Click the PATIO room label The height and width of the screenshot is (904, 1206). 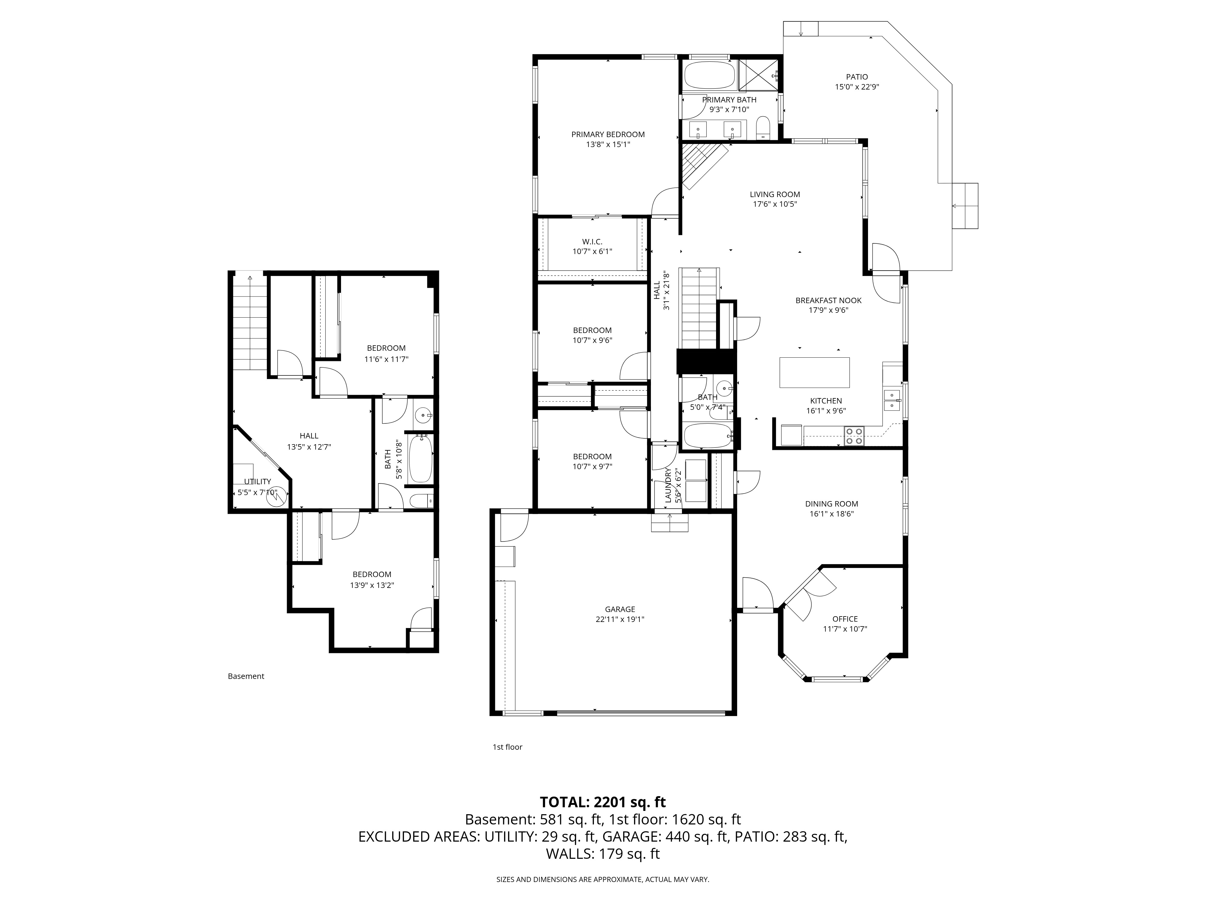(857, 77)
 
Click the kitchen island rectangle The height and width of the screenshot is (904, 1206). (814, 372)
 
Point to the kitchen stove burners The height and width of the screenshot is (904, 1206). (854, 436)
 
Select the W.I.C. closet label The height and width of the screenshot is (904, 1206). (592, 241)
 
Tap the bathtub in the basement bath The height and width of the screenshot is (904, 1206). (420, 459)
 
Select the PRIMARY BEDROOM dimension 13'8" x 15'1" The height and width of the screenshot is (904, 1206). (608, 144)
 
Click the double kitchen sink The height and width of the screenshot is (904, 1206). (892, 400)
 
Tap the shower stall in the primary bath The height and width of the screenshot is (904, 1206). (758, 75)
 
